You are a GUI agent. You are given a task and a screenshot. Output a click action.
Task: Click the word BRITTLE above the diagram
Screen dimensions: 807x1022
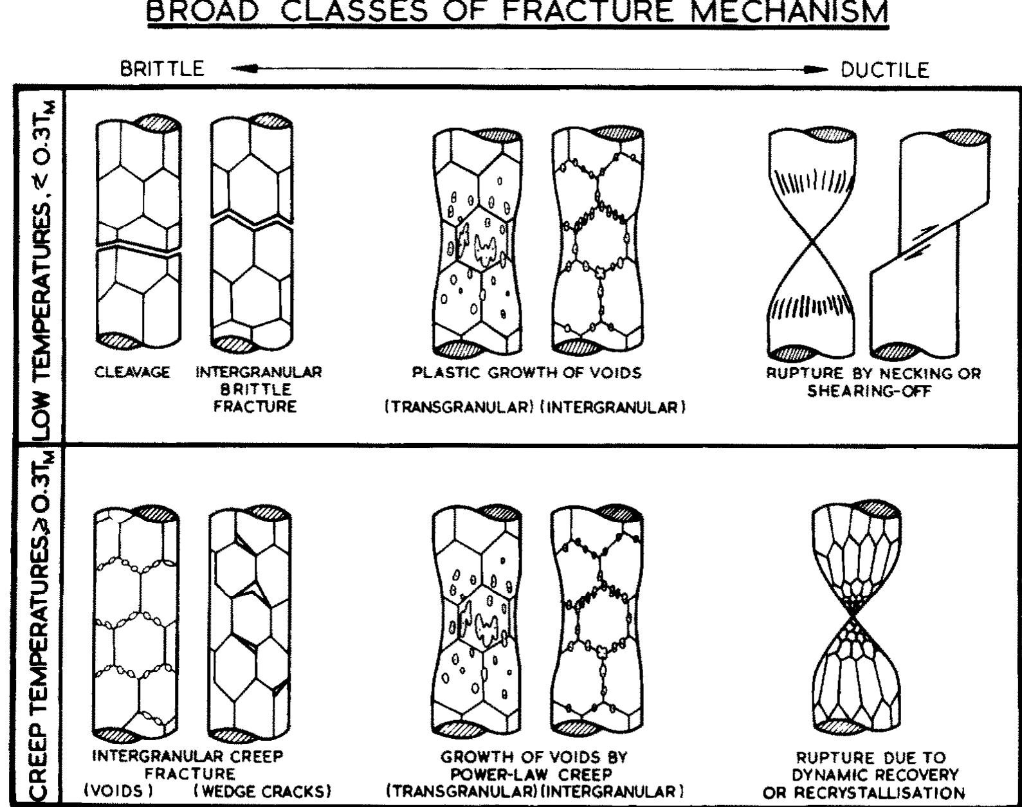[162, 68]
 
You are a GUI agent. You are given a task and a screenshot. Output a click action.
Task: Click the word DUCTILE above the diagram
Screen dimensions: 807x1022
[885, 69]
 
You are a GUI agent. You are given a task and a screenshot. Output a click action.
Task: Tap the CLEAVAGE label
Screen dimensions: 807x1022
[132, 372]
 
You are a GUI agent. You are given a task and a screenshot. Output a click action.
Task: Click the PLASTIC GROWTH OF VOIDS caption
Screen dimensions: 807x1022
[527, 373]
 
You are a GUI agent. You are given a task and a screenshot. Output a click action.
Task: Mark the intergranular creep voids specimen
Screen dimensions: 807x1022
[136, 621]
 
